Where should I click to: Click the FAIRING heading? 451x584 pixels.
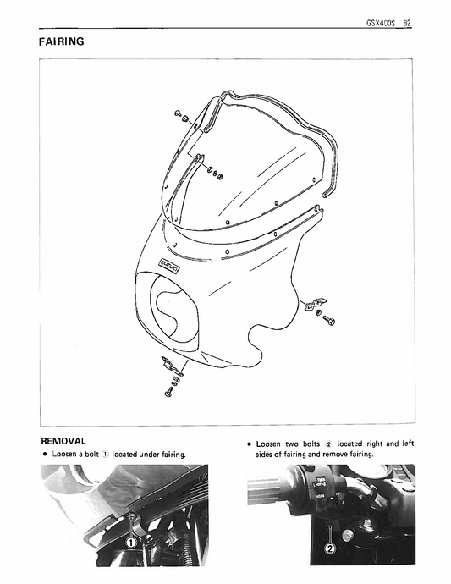tap(61, 41)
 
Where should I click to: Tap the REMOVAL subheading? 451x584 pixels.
tap(63, 441)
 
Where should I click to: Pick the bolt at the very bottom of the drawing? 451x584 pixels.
tap(169, 393)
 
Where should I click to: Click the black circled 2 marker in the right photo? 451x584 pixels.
tap(329, 548)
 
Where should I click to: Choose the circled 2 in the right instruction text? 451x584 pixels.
tap(329, 444)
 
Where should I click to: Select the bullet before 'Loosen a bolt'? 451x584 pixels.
tap(44, 455)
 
